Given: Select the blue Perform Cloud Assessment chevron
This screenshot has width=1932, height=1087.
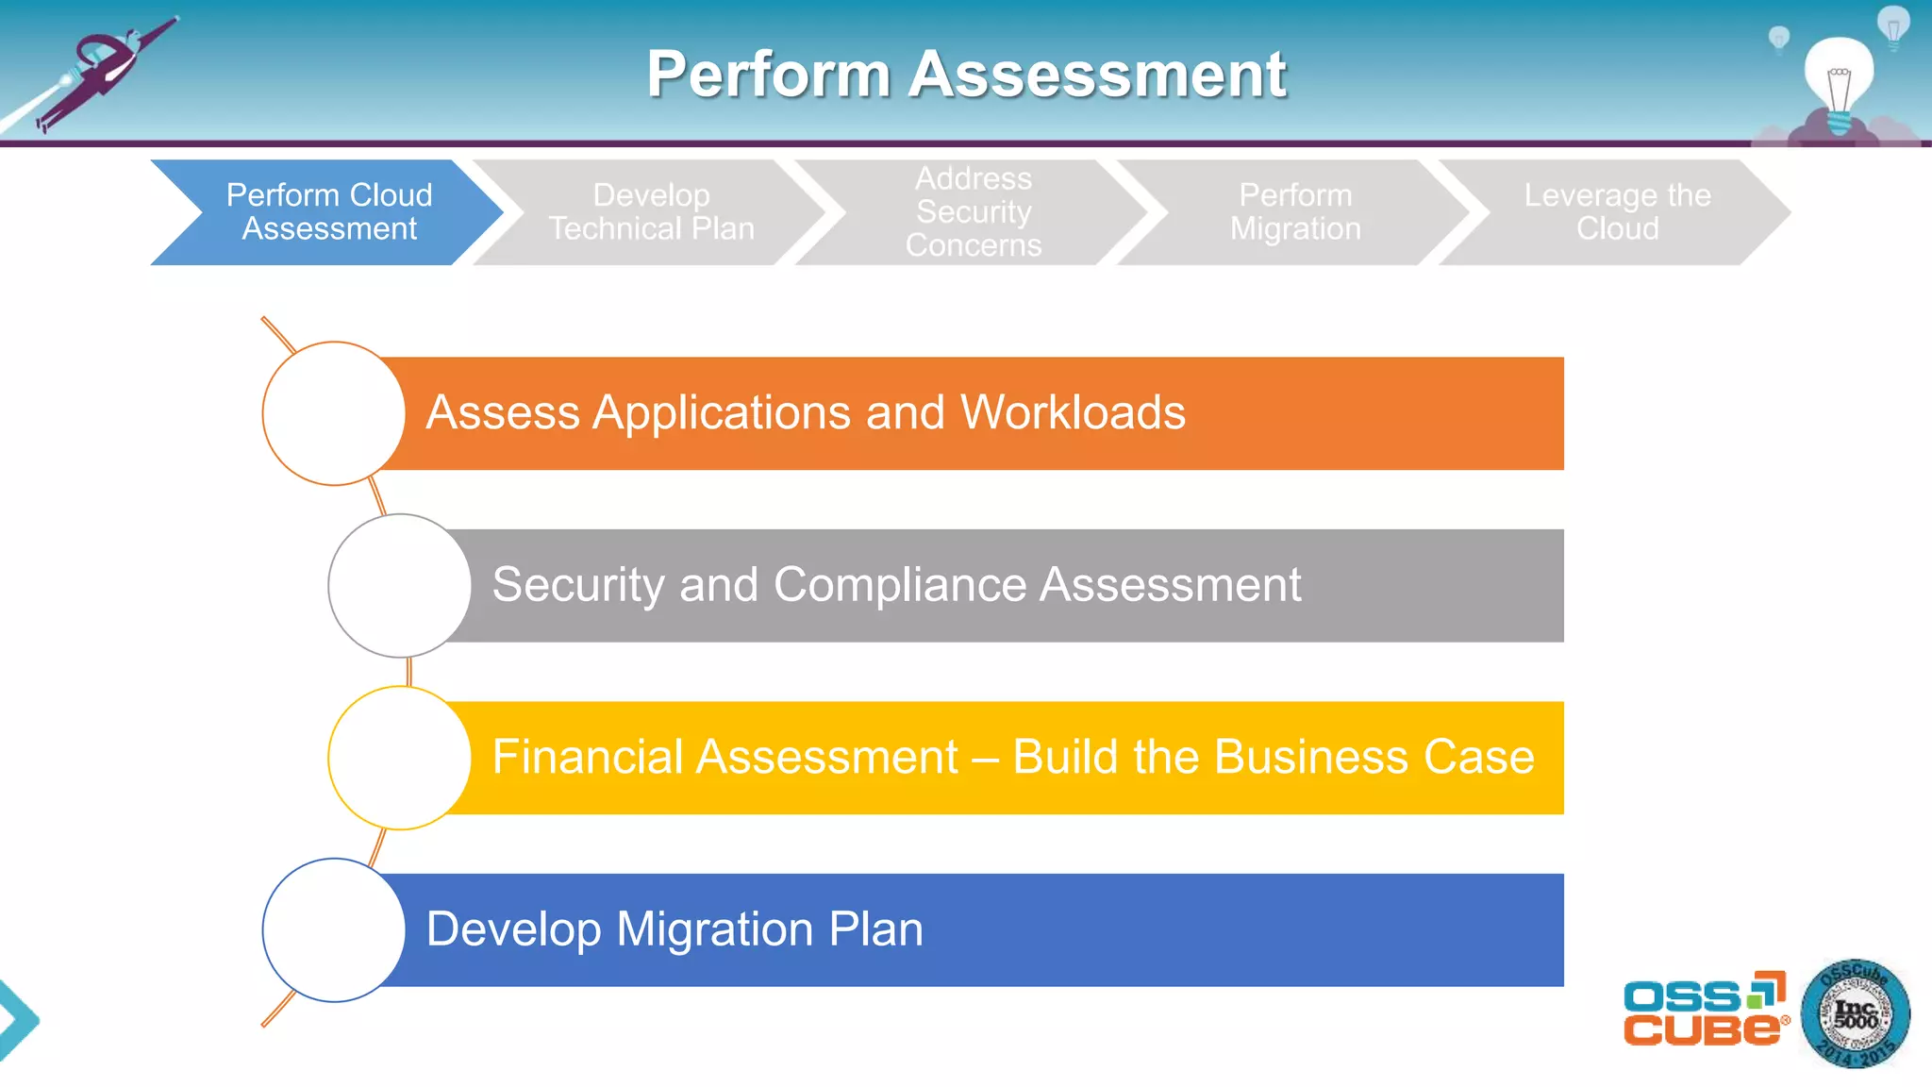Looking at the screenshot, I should (x=329, y=212).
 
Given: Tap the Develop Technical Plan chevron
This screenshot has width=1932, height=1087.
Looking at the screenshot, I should (x=651, y=212).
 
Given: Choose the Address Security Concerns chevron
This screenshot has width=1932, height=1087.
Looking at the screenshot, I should (x=974, y=212).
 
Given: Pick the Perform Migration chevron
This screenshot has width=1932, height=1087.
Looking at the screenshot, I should (x=1295, y=212).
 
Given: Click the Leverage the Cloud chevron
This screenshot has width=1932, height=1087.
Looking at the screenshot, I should (x=1617, y=212).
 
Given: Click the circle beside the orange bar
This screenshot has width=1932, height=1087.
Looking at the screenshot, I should (x=333, y=413).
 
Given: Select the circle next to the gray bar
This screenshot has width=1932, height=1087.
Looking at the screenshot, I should (x=399, y=585).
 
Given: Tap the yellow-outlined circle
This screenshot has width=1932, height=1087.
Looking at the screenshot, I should (x=399, y=758).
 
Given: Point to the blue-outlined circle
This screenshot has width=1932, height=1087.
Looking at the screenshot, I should (x=333, y=929).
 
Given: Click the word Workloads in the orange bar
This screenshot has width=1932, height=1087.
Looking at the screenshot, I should (x=1073, y=413).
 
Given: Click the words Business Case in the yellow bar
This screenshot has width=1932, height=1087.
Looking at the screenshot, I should (x=1374, y=758).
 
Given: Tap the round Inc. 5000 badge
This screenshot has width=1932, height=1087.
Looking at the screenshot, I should (x=1855, y=1014).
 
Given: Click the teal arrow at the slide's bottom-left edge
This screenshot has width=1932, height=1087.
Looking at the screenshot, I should (x=17, y=1019).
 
